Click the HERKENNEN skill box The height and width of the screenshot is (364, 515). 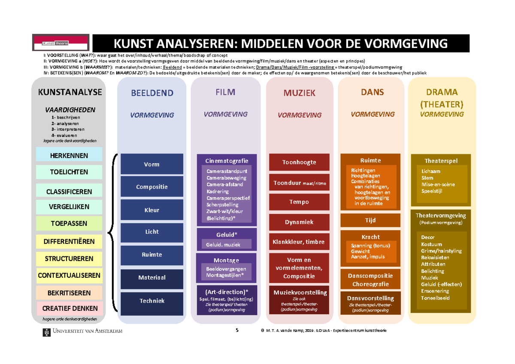coord(69,155)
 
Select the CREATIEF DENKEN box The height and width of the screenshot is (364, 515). coord(69,308)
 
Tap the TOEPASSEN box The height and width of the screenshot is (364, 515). coord(69,223)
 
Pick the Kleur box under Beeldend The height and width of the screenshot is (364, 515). coord(151,210)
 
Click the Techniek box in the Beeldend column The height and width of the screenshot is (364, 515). coord(151,301)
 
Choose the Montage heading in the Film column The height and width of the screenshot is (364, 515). coord(226,260)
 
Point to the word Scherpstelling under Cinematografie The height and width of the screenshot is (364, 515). coord(222,205)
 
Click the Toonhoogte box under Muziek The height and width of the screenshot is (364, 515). coord(299,162)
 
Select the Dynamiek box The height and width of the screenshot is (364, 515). coord(299,222)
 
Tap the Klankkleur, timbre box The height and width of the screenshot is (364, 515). coord(299,242)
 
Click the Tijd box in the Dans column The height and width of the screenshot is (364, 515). coord(370,220)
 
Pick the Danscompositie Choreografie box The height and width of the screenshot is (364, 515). coord(370,280)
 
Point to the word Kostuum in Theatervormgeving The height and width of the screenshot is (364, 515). coord(431,244)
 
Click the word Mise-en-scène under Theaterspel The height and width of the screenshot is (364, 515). coord(438,184)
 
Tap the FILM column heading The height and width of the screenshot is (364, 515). coord(226,92)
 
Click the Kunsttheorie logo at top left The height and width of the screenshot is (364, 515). coord(61,43)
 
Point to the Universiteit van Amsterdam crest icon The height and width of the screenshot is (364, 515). coord(46,332)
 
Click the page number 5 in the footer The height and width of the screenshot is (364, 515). coord(236,330)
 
